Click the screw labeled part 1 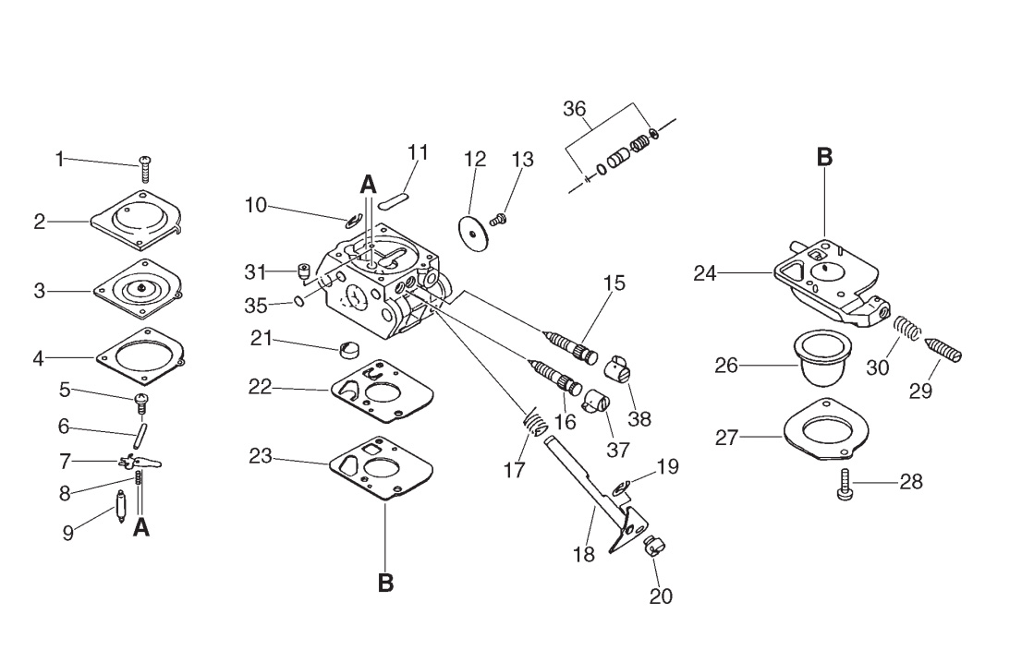pos(145,169)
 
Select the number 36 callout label pos(575,109)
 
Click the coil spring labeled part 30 pos(906,328)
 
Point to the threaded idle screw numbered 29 pos(943,348)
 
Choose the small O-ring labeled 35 pos(298,301)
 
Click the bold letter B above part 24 pos(824,158)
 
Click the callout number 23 pos(261,456)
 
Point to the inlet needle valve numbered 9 pos(121,507)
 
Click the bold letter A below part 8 pos(141,527)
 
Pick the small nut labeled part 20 pos(654,546)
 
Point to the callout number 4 pos(39,359)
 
